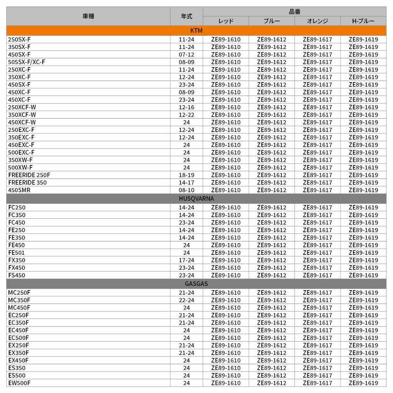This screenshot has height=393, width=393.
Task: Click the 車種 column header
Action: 88,16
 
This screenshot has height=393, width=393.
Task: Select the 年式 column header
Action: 187,16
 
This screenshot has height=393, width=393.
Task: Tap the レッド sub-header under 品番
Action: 226,21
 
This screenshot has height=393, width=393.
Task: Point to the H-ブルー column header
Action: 363,21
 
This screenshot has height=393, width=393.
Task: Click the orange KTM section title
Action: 196,31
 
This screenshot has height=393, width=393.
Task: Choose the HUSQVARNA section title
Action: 196,199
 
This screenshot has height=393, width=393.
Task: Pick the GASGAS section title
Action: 196,284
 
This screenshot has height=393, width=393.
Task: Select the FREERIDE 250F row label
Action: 29,175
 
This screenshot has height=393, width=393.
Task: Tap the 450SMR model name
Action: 19,190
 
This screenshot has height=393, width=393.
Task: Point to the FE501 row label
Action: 17,253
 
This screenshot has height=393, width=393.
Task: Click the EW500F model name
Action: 19,383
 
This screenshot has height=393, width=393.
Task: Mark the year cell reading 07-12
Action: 187,54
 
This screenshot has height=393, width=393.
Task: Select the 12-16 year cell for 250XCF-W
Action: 187,107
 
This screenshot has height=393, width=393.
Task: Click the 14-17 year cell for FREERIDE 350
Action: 187,183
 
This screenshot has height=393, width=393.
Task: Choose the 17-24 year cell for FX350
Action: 187,260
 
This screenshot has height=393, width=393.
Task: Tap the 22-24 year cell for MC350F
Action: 187,300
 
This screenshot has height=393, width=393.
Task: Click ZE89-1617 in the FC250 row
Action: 317,208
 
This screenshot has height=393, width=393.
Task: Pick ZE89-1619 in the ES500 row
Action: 363,375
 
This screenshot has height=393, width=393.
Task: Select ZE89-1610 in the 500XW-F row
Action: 226,167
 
